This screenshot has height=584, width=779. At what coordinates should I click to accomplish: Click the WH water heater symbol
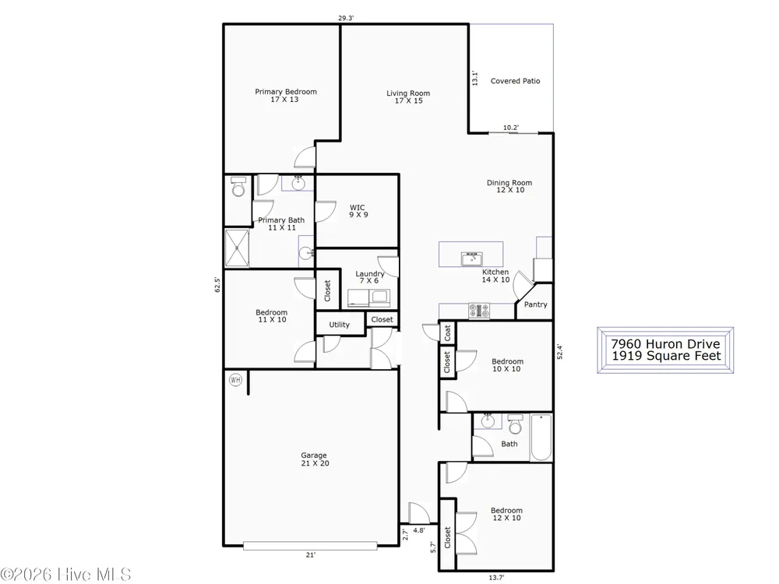pos(235,380)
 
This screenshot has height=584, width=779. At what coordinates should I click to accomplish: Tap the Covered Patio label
pos(515,81)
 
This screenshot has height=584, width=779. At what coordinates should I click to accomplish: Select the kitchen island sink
pos(471,259)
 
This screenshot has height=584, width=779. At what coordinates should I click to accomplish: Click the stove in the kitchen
pos(479,311)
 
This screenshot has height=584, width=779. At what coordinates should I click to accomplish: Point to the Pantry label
pos(536,304)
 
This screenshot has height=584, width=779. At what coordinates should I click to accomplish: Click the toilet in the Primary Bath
pos(238,186)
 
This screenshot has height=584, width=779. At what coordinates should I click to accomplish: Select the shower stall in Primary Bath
pos(237,248)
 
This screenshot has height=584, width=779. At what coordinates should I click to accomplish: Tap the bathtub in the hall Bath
pos(541,438)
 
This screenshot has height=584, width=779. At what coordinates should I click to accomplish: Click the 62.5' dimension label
pos(217,284)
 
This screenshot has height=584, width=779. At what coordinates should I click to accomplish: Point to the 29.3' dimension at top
pos(346,19)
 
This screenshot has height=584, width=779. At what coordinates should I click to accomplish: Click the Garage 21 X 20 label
pos(315,459)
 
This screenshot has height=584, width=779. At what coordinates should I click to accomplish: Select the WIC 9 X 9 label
pos(358,211)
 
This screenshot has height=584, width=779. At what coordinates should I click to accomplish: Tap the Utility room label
pos(340,325)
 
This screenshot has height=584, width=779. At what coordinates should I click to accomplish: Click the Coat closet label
pos(447,332)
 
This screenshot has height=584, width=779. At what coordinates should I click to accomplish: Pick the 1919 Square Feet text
pos(666,356)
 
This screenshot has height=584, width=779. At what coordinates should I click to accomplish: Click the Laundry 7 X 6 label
pos(369,277)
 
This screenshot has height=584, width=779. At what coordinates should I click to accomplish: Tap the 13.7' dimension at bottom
pos(496,577)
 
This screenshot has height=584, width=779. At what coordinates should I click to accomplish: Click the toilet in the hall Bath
pos(515,424)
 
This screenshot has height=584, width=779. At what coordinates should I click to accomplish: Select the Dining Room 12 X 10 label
pos(509,186)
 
